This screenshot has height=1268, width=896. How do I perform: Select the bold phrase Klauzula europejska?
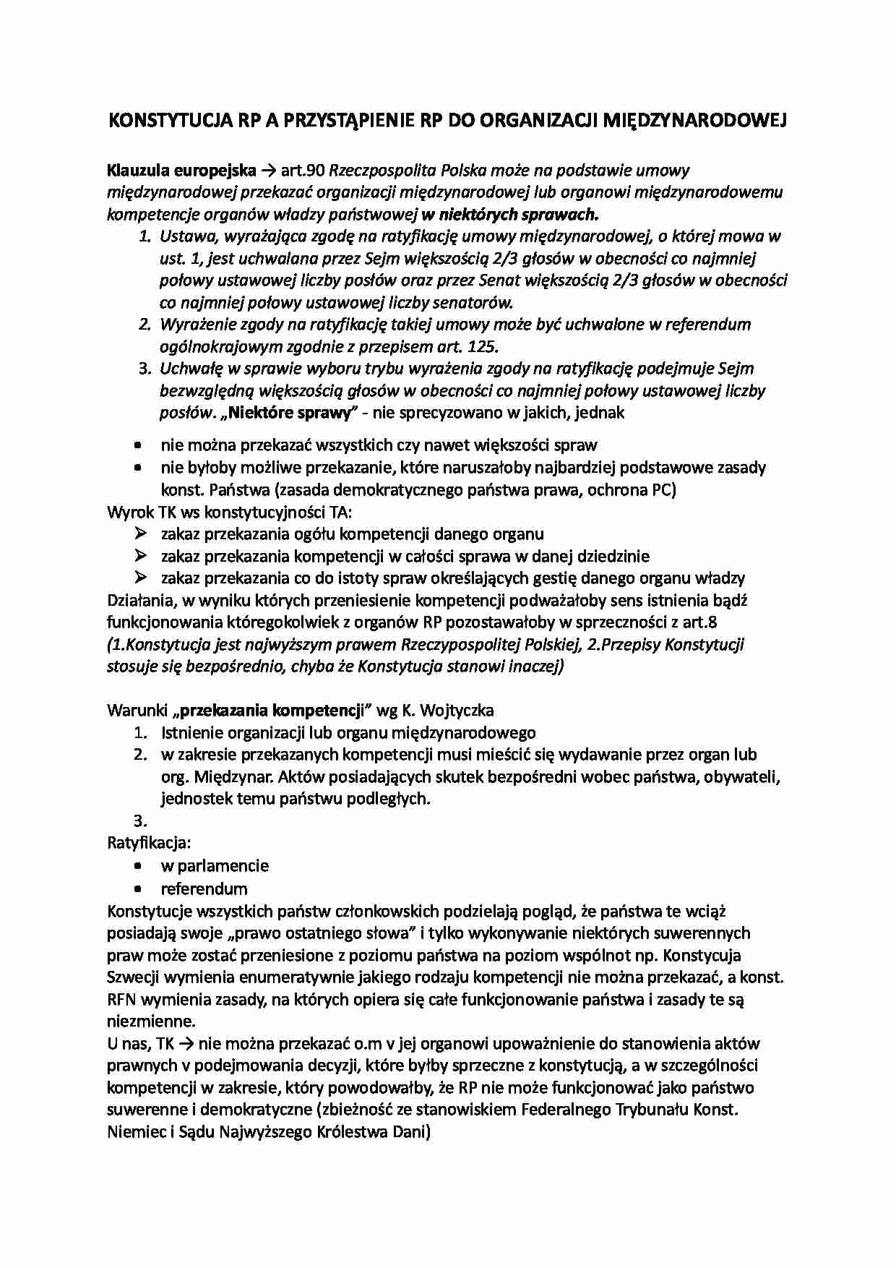(181, 171)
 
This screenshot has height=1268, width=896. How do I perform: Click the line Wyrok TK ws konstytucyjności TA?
(230, 513)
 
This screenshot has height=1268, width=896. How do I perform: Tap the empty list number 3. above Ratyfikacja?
(140, 821)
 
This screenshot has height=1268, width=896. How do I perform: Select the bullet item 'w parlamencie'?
(215, 866)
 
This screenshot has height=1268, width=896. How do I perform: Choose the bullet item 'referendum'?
(204, 888)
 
